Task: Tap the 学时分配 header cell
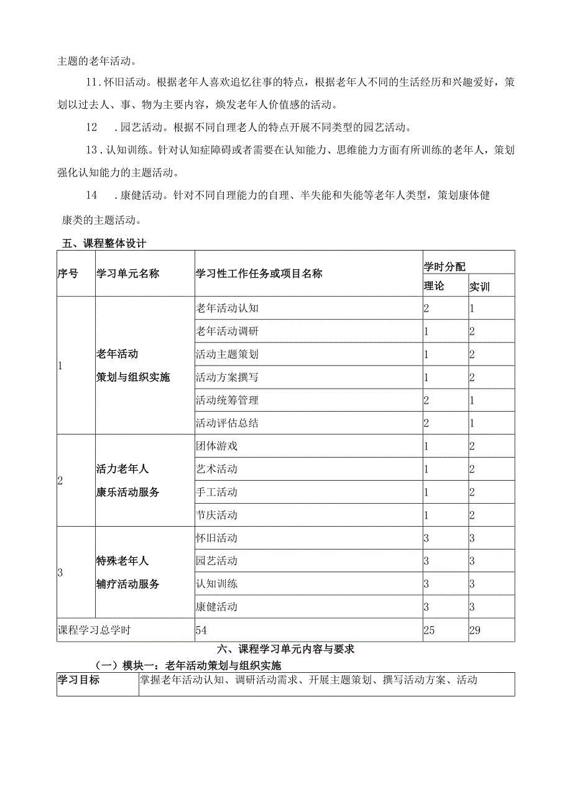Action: pos(445,266)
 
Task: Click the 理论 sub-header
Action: pos(435,286)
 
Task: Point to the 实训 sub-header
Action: pos(479,287)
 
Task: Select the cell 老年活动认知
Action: pos(227,308)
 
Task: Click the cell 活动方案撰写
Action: pos(227,377)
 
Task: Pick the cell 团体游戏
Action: pos(216,446)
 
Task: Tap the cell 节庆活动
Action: pos(216,515)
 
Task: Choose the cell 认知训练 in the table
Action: pos(216,584)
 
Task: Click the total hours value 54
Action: pos(201,630)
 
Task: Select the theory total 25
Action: pos(430,630)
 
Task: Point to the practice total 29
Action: pos(476,630)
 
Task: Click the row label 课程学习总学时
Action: pos(95,630)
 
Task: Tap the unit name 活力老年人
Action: pos(122,469)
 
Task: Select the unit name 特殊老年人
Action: pos(122,561)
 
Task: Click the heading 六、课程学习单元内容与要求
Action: pos(286,649)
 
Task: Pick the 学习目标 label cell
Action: pos(78,680)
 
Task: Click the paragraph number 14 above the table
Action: pos(91,195)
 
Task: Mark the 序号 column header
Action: pos(68,274)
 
